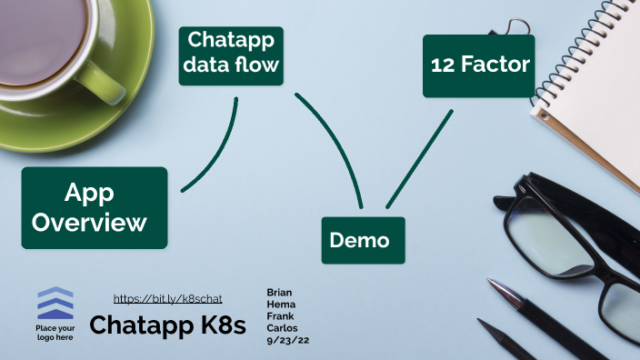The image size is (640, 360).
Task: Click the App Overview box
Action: pyautogui.click(x=95, y=207)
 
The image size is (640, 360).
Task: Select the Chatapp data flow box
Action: pyautogui.click(x=231, y=55)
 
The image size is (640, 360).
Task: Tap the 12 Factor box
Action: pyautogui.click(x=478, y=65)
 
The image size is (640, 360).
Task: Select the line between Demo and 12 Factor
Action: pyautogui.click(x=419, y=159)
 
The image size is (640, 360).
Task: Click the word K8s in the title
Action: pyautogui.click(x=222, y=325)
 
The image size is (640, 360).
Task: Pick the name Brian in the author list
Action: pyautogui.click(x=279, y=292)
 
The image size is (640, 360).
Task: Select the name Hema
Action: pyautogui.click(x=279, y=304)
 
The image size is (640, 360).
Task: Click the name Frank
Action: pyautogui.click(x=280, y=315)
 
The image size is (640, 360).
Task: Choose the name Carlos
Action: pyautogui.click(x=282, y=327)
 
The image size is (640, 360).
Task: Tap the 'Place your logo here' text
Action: pyautogui.click(x=55, y=332)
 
